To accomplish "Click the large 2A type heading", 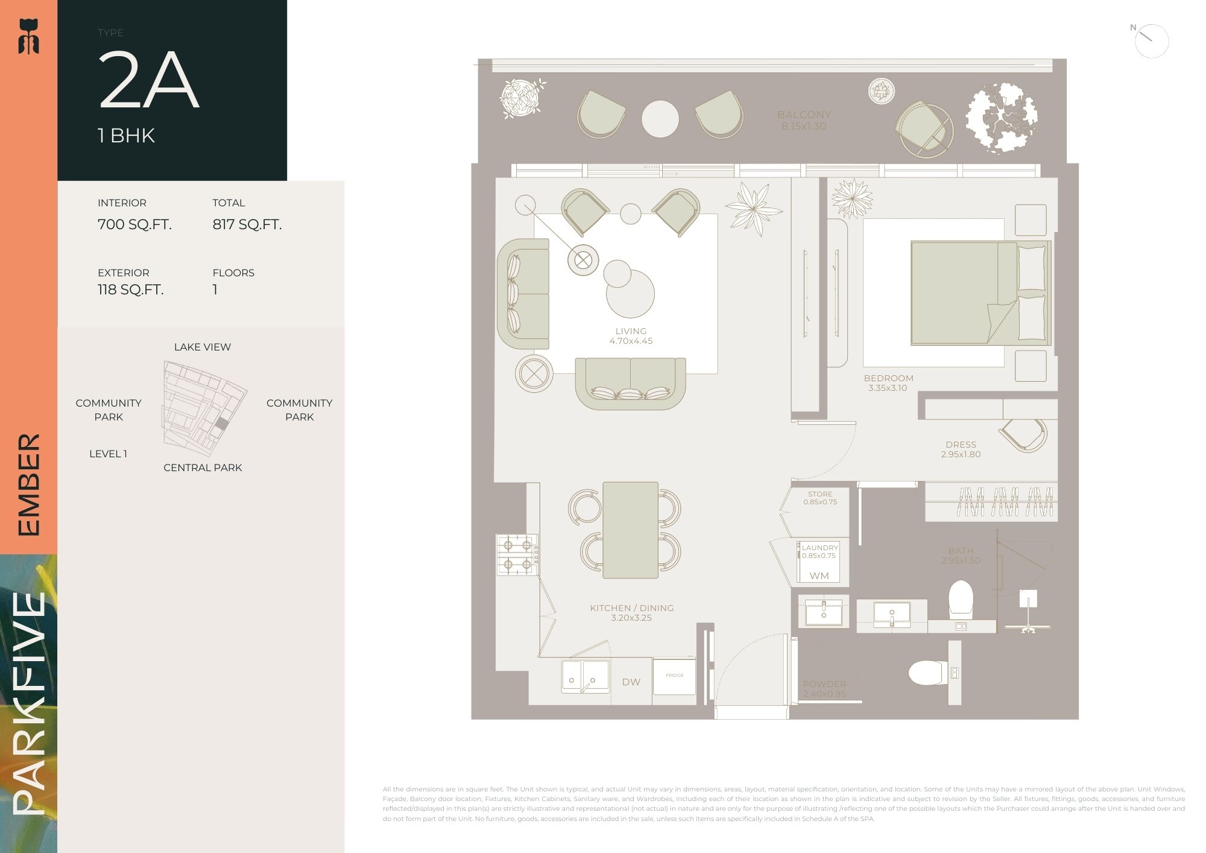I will click(148, 81).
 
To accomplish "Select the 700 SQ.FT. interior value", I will click(134, 224).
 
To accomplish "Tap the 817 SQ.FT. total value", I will click(247, 224).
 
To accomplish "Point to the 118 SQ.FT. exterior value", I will click(130, 290).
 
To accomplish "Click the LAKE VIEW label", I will click(202, 347).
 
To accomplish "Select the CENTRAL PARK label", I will click(203, 468).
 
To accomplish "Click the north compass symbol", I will click(1151, 40).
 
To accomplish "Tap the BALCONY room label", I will click(804, 115).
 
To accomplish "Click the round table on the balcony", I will click(660, 119).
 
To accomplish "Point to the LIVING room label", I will click(631, 331).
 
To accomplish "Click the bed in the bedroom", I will click(977, 293).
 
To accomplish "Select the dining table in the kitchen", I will click(630, 530).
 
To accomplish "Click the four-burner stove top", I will click(517, 554).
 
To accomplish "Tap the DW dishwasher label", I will click(631, 682).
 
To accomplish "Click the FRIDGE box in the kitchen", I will click(674, 676).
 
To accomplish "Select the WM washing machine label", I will click(819, 576).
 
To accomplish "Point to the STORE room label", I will click(820, 494).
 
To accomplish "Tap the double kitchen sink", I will click(584, 676).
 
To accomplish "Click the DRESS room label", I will click(961, 445).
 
